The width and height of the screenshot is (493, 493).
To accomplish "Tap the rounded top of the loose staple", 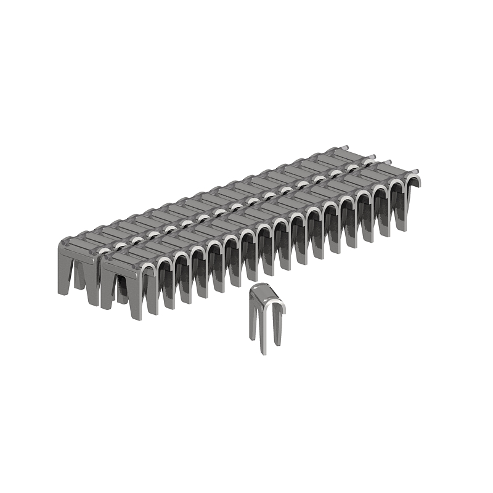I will coord(265,290).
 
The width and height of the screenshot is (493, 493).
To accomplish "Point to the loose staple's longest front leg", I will coord(264,336).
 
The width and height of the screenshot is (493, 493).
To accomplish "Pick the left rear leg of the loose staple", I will coord(252,320).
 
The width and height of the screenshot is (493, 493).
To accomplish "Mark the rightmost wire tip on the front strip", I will coord(418,171).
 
